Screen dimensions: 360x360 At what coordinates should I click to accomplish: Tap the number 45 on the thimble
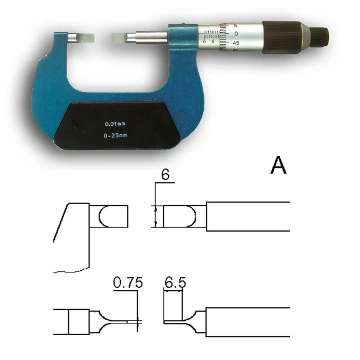coord(235,43)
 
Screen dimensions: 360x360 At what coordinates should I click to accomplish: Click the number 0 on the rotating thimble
coord(236,34)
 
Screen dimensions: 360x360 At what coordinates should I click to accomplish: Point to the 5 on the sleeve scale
coord(214,42)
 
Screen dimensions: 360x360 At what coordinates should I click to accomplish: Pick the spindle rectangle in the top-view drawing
coord(248,216)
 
